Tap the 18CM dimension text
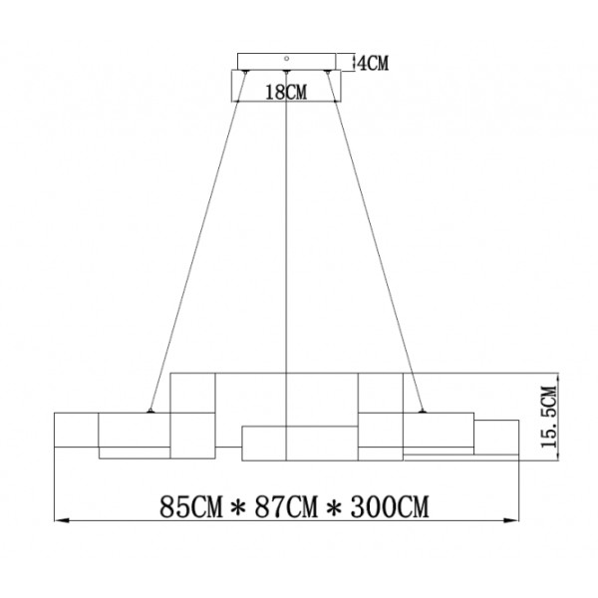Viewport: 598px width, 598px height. pos(286,92)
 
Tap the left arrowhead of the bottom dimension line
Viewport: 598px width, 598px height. pos(58,519)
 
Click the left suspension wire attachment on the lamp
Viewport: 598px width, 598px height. pos(149,411)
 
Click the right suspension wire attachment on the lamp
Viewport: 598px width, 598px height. pos(425,411)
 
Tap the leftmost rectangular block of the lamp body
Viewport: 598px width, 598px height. pos(76,431)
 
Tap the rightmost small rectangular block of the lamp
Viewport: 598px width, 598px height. pos(496,437)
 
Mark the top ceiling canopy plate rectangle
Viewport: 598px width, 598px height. pos(287,60)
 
